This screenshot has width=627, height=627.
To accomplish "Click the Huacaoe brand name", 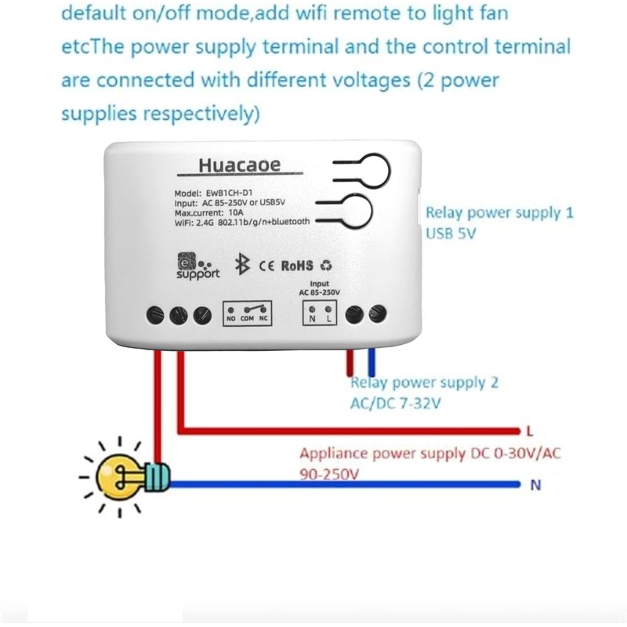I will [x=239, y=165].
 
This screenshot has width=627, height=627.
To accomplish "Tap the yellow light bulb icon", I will [x=126, y=474].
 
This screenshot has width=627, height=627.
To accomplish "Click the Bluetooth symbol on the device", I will [x=242, y=265].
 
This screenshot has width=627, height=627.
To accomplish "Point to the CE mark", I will [x=265, y=266].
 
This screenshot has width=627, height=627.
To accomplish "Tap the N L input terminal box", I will [x=319, y=313].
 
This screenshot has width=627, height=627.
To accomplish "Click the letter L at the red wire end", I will [x=531, y=431].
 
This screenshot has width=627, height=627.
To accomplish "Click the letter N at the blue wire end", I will [x=536, y=485].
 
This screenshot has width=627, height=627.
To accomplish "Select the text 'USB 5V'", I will [x=451, y=234].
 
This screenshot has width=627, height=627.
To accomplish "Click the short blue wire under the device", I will [x=371, y=364].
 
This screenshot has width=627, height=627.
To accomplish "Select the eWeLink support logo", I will [x=196, y=264].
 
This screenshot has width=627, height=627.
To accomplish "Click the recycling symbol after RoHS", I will [x=326, y=266].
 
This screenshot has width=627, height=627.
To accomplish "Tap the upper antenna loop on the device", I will [x=376, y=163].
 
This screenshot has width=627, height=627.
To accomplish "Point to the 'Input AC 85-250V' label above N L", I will [x=318, y=288].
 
